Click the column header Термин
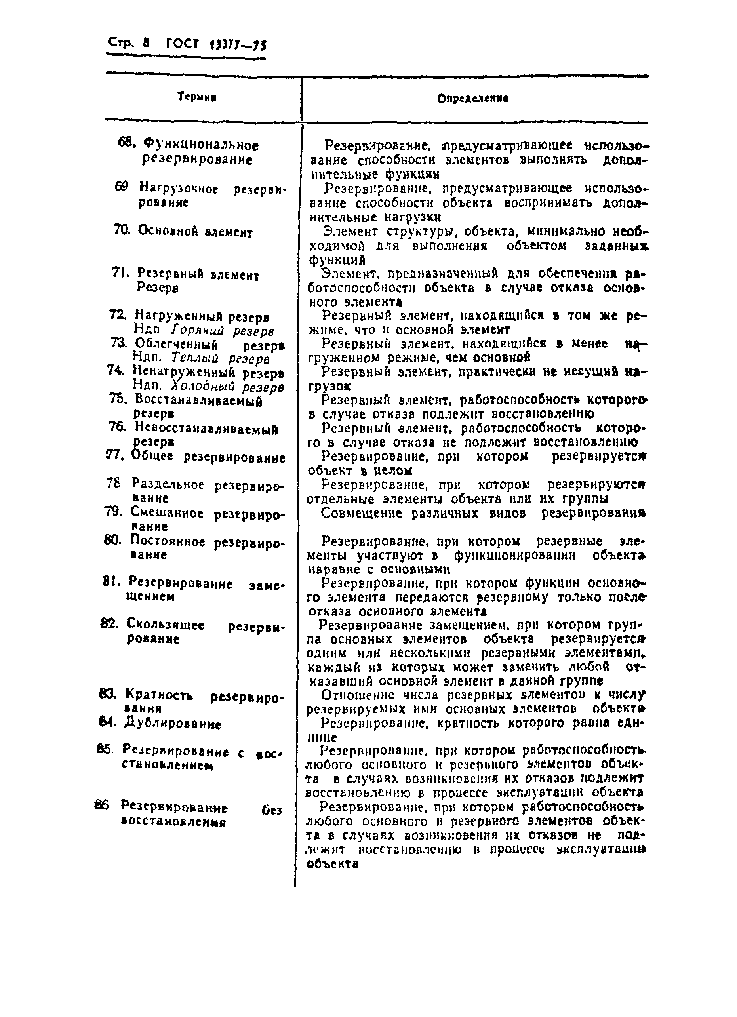tap(197, 97)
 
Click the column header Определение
tap(472, 99)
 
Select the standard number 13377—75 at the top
tap(238, 45)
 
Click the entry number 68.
tap(126, 143)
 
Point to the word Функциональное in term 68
tap(200, 145)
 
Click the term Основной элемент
tap(195, 231)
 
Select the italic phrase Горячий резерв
tap(222, 331)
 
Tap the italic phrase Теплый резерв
tap(221, 359)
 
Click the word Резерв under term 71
tap(158, 288)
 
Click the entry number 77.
tap(114, 455)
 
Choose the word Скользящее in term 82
tap(166, 625)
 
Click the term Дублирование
tap(172, 723)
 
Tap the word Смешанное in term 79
tap(168, 512)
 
